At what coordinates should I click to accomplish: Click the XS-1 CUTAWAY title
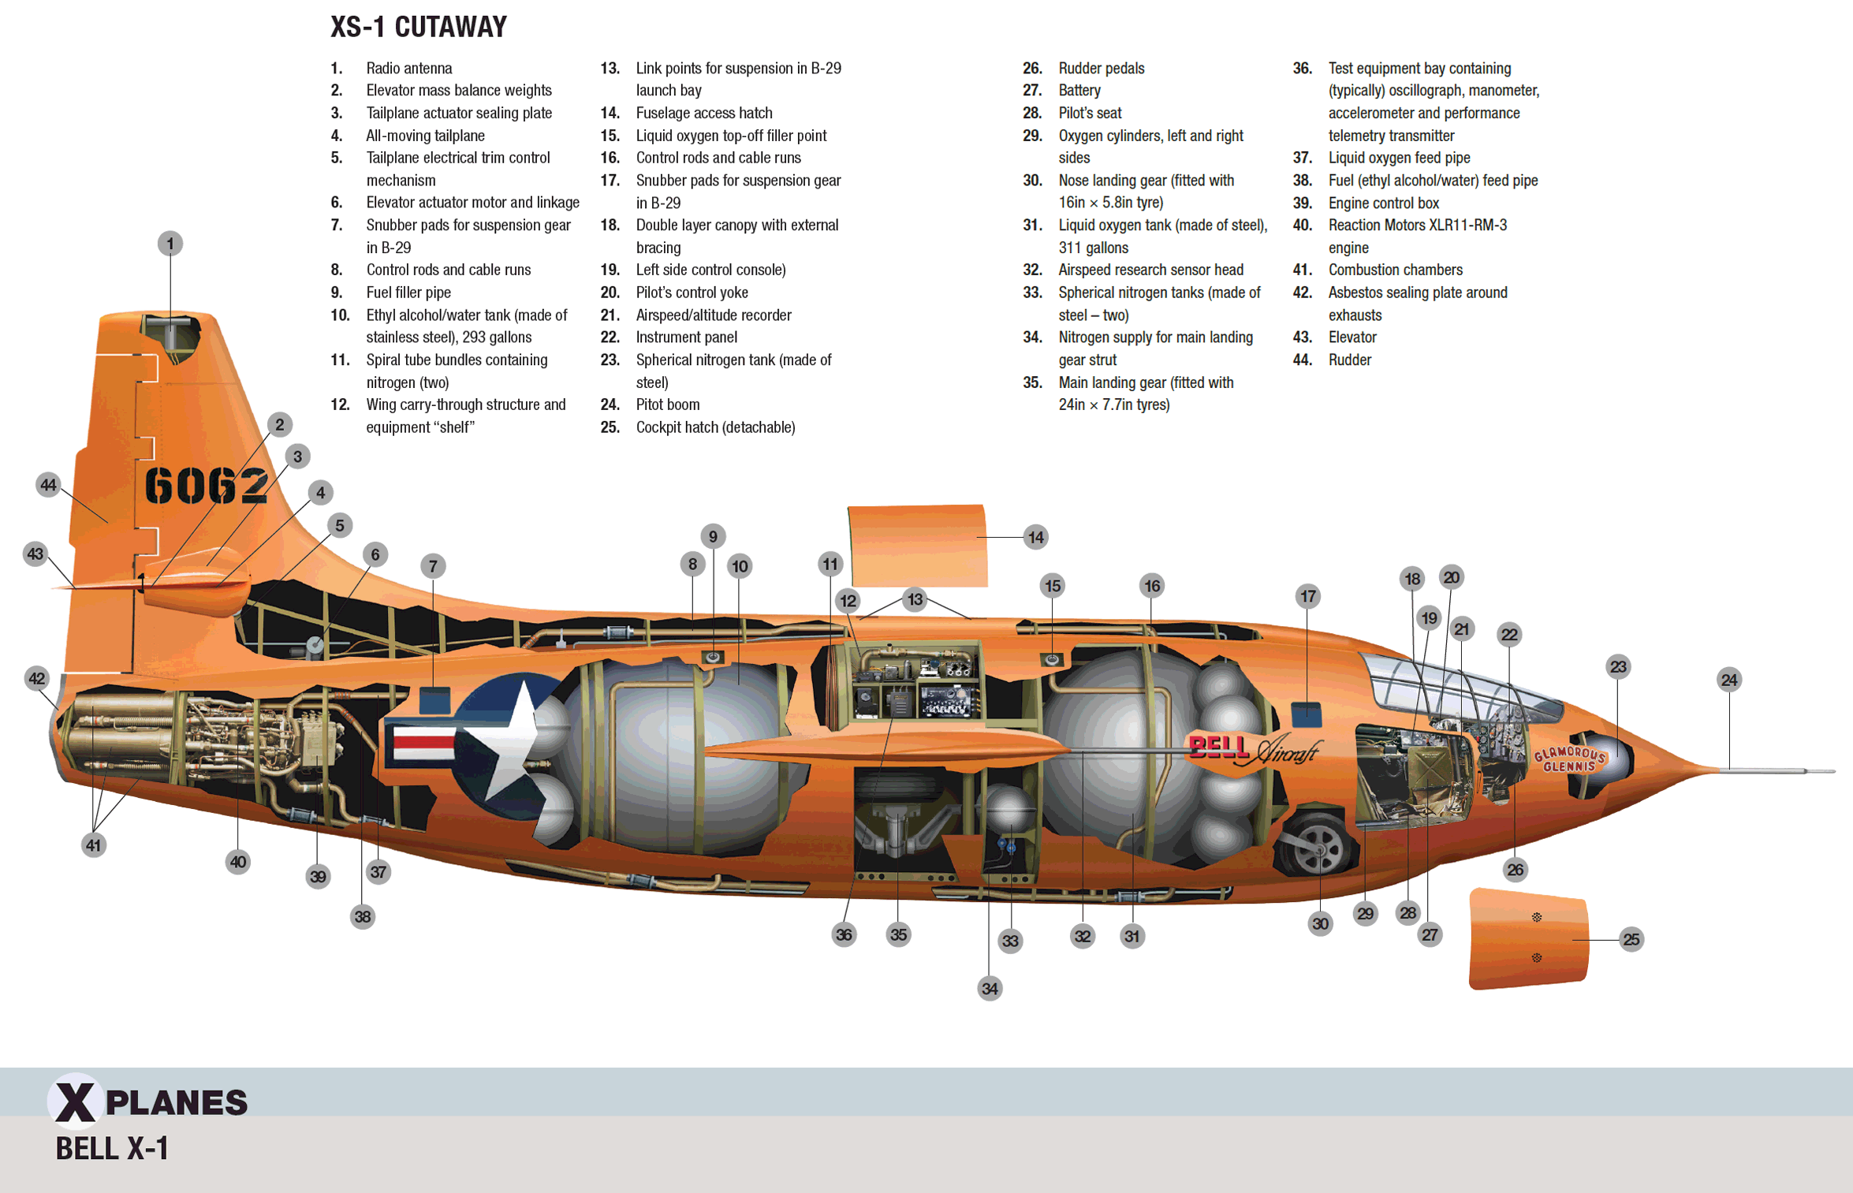(x=418, y=28)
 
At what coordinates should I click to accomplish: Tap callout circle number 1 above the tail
(x=170, y=244)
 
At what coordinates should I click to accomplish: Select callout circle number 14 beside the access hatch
(x=1035, y=538)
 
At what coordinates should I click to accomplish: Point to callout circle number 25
(x=1631, y=939)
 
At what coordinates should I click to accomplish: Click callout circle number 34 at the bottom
(x=990, y=988)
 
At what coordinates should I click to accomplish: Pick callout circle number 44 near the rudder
(x=48, y=485)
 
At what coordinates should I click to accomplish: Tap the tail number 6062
(x=207, y=485)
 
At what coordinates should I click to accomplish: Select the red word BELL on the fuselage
(x=1217, y=746)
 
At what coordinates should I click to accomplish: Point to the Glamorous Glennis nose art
(x=1569, y=759)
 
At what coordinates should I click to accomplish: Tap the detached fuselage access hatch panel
(x=917, y=546)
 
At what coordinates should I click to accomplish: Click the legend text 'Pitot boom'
(x=667, y=405)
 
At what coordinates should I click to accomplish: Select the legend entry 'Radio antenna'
(x=408, y=69)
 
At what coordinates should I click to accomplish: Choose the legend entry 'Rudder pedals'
(x=1101, y=69)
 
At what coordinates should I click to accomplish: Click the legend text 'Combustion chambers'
(x=1395, y=270)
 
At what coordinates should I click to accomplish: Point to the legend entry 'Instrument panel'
(x=686, y=337)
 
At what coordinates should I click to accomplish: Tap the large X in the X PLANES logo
(x=76, y=1102)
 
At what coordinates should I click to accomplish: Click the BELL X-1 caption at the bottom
(x=112, y=1149)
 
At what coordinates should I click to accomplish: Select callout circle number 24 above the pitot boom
(x=1728, y=680)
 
